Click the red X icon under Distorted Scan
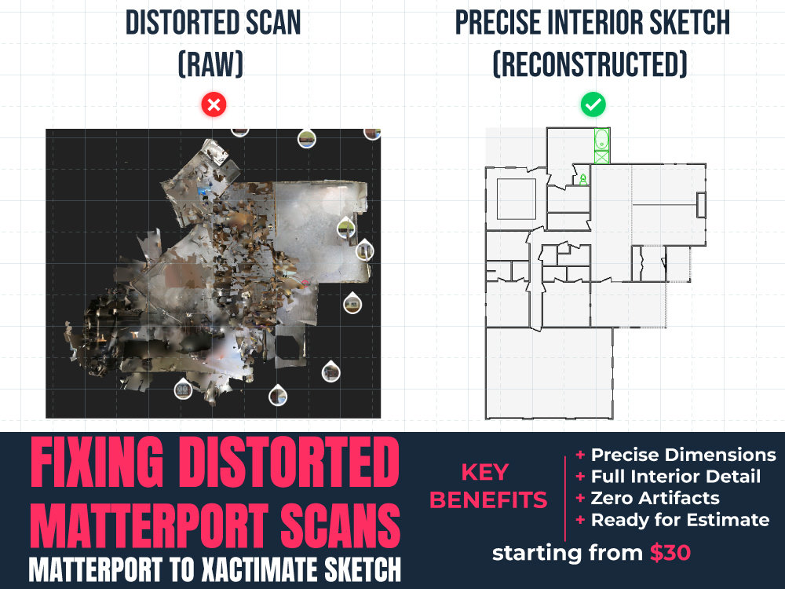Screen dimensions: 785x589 [x=214, y=104]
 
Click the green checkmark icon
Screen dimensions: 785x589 [x=593, y=104]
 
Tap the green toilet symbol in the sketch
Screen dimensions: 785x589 [x=583, y=179]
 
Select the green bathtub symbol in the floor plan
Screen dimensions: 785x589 [x=602, y=139]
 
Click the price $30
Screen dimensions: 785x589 [x=670, y=553]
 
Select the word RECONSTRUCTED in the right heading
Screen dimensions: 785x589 [x=590, y=64]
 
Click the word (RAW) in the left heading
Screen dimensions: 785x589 [x=210, y=64]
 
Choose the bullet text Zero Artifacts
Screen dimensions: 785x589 [x=655, y=499]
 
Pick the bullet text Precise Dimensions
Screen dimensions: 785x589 [x=684, y=455]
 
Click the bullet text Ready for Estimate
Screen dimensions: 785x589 [x=681, y=520]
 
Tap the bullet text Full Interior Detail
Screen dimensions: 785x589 [x=676, y=477]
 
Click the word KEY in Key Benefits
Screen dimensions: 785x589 [x=485, y=472]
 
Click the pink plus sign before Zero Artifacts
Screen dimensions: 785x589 [x=580, y=498]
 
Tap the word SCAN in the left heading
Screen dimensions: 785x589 [x=273, y=23]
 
